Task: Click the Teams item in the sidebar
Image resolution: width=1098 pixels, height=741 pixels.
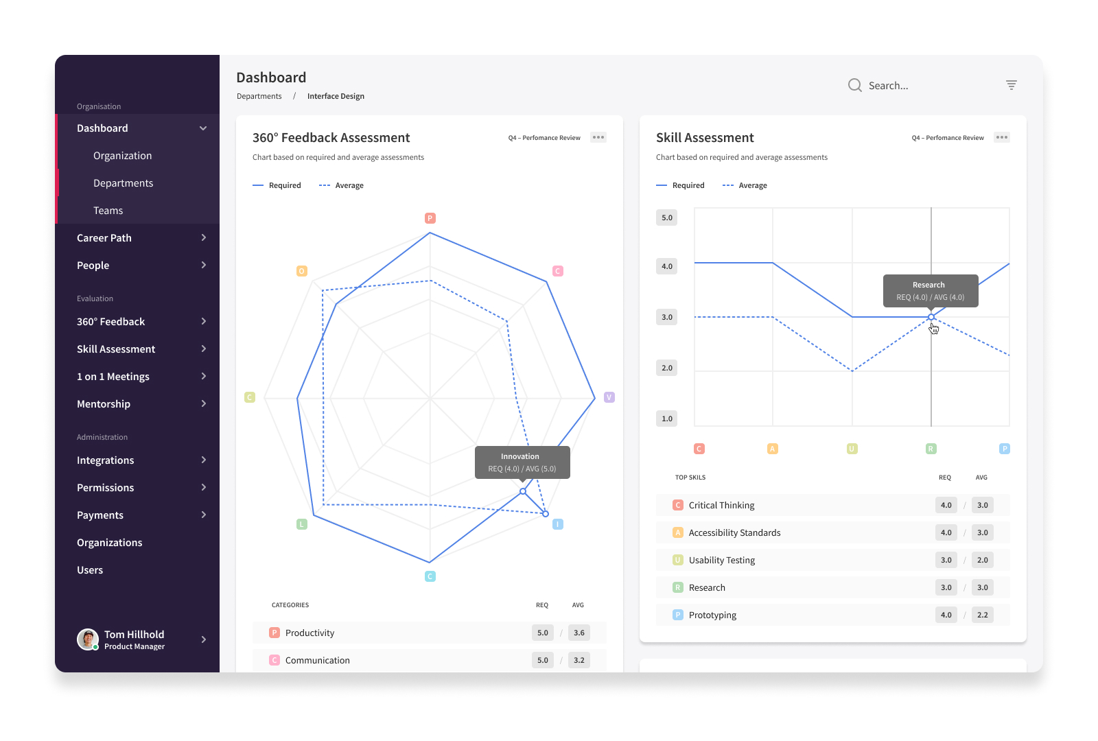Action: [x=108, y=210]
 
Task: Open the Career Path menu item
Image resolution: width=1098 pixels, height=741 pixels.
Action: [x=104, y=237]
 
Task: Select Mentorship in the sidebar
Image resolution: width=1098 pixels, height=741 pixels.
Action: [x=104, y=404]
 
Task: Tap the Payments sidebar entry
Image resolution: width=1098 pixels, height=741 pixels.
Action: [x=100, y=515]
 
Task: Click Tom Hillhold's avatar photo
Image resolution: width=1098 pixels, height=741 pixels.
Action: [x=88, y=639]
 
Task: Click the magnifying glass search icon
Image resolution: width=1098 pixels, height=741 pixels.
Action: [x=855, y=85]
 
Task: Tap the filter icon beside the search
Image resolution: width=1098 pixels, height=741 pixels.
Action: [x=1012, y=85]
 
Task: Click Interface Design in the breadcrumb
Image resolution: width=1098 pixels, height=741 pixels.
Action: [x=336, y=96]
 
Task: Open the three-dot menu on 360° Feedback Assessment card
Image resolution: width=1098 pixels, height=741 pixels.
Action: [x=598, y=137]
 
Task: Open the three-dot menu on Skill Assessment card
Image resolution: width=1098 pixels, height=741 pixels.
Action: [x=1001, y=137]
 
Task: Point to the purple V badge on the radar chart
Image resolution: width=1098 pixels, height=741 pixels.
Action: [x=609, y=397]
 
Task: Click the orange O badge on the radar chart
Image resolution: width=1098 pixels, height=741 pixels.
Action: [x=302, y=271]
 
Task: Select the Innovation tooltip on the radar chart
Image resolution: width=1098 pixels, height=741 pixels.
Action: [x=522, y=462]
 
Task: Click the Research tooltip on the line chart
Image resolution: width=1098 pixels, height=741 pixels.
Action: [x=931, y=291]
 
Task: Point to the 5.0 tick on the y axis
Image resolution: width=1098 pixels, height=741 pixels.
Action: [x=666, y=217]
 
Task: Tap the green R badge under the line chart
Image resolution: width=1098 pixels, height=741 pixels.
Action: [x=931, y=449]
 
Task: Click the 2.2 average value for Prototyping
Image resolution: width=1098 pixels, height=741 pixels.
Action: [x=982, y=615]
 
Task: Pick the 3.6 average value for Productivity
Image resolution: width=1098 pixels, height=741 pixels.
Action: [x=579, y=633]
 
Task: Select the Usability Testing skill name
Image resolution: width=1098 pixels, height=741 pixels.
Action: [x=721, y=560]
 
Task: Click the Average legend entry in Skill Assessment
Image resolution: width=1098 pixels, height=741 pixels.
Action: [x=745, y=185]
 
